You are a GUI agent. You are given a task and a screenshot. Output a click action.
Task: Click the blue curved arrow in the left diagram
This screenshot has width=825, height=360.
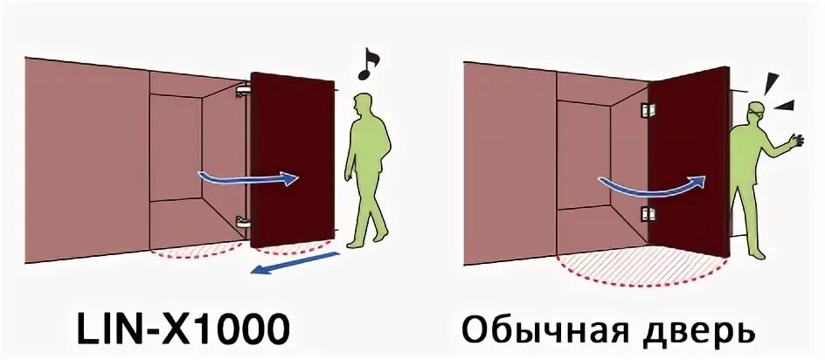point(248,178)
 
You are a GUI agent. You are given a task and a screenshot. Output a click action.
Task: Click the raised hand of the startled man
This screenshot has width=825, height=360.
point(795,139)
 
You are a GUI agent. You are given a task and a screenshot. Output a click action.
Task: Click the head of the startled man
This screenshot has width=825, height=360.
point(756,114)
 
